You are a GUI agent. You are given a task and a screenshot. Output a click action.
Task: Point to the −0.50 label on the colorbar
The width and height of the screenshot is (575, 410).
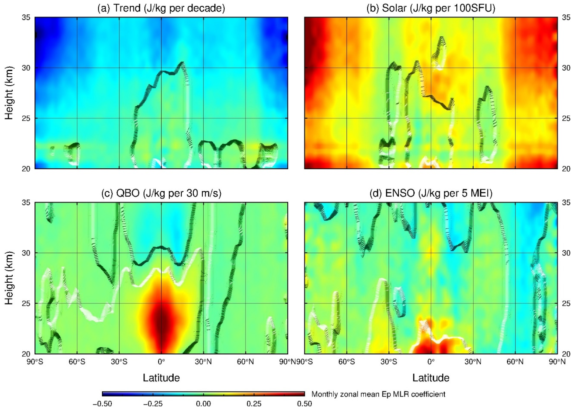pos(102,404)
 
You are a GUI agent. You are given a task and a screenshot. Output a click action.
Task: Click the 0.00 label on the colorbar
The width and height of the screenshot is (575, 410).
pos(203,404)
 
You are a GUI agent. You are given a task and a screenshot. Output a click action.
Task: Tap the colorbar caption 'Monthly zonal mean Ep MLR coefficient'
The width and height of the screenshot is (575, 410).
pos(378,394)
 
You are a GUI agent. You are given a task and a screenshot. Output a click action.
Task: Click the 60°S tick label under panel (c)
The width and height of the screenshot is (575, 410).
pos(77,362)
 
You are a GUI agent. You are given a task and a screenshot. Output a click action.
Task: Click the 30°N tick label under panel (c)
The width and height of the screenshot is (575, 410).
pos(203,362)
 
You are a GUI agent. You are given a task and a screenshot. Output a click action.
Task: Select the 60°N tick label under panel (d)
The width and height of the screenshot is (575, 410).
pos(515,362)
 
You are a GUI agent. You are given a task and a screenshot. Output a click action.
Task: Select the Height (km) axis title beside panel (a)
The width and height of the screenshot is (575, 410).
pos(9,93)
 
